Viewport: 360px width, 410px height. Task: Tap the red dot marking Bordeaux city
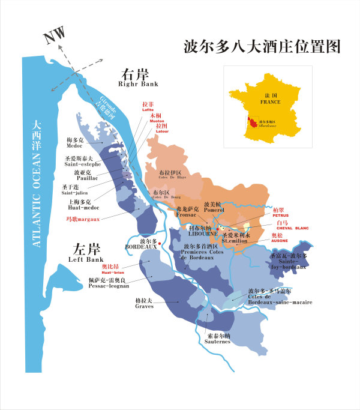[x=161, y=243]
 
